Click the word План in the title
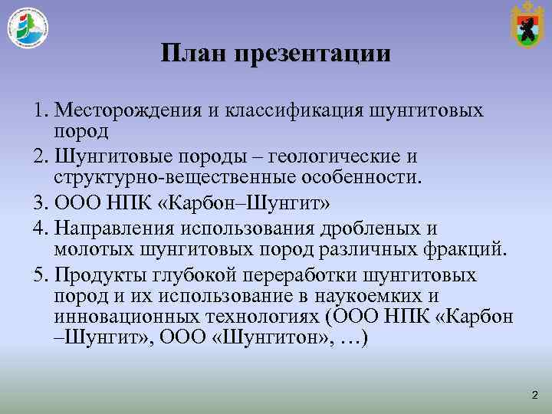193,54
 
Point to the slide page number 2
534,394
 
